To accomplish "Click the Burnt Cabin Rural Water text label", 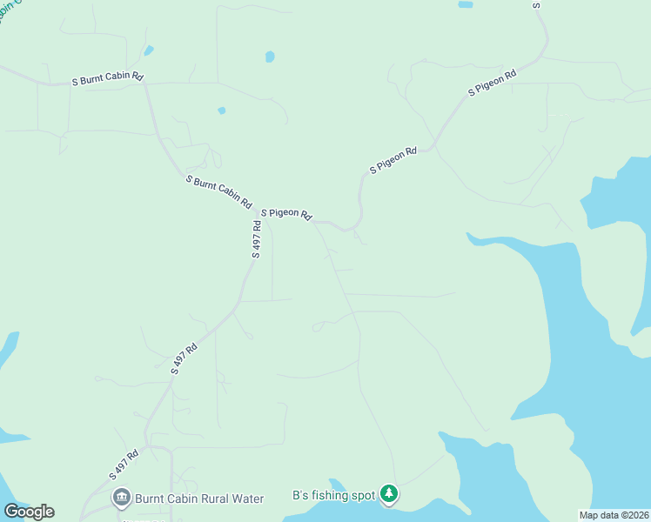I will (199, 499).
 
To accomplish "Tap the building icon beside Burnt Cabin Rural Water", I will (122, 499).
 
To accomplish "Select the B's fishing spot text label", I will (333, 496).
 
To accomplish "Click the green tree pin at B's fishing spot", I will (389, 495).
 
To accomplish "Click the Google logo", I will (29, 512).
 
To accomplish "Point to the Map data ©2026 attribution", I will (613, 514).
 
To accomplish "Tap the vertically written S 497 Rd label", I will (257, 239).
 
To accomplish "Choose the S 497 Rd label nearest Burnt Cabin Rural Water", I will (124, 465).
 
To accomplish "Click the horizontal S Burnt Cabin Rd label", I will (108, 78).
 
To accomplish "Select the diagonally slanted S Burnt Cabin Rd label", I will (219, 191).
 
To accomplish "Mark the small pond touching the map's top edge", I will (466, 4).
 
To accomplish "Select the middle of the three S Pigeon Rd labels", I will (393, 160).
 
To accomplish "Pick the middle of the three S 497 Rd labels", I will (185, 358).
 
